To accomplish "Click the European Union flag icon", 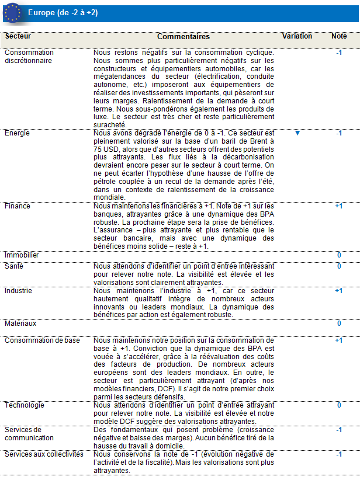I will click(12, 12).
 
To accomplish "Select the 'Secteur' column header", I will click(18, 36).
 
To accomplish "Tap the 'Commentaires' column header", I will click(184, 36).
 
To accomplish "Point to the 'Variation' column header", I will click(297, 36).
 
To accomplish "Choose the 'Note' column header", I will click(339, 36).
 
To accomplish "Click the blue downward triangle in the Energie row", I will click(297, 133).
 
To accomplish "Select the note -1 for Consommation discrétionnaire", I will click(339, 53).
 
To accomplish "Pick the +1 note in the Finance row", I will click(339, 206).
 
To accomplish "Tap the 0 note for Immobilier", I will click(339, 256).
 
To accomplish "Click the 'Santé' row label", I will click(14, 266).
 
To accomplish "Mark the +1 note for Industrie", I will click(339, 291).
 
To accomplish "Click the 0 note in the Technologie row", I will click(339, 405).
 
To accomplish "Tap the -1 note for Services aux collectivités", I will click(339, 454).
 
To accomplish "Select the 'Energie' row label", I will click(17, 133).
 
